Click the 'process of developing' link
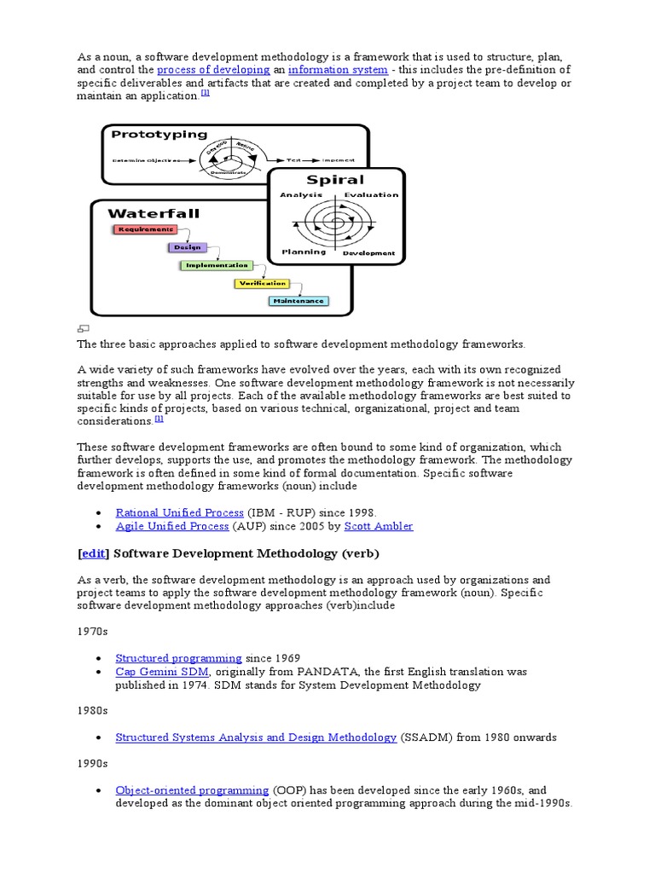(211, 69)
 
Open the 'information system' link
(338, 69)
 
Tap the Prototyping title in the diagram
(159, 134)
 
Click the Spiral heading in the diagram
(335, 180)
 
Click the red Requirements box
(145, 229)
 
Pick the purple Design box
(187, 247)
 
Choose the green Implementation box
(216, 265)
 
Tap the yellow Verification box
(262, 283)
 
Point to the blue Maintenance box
(299, 301)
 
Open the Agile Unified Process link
(172, 526)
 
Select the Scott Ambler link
(380, 526)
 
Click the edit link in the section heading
(93, 553)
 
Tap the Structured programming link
(178, 658)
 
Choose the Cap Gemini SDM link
(162, 672)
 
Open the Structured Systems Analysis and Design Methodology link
(256, 737)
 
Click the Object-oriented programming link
(192, 790)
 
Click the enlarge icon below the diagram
(84, 329)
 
